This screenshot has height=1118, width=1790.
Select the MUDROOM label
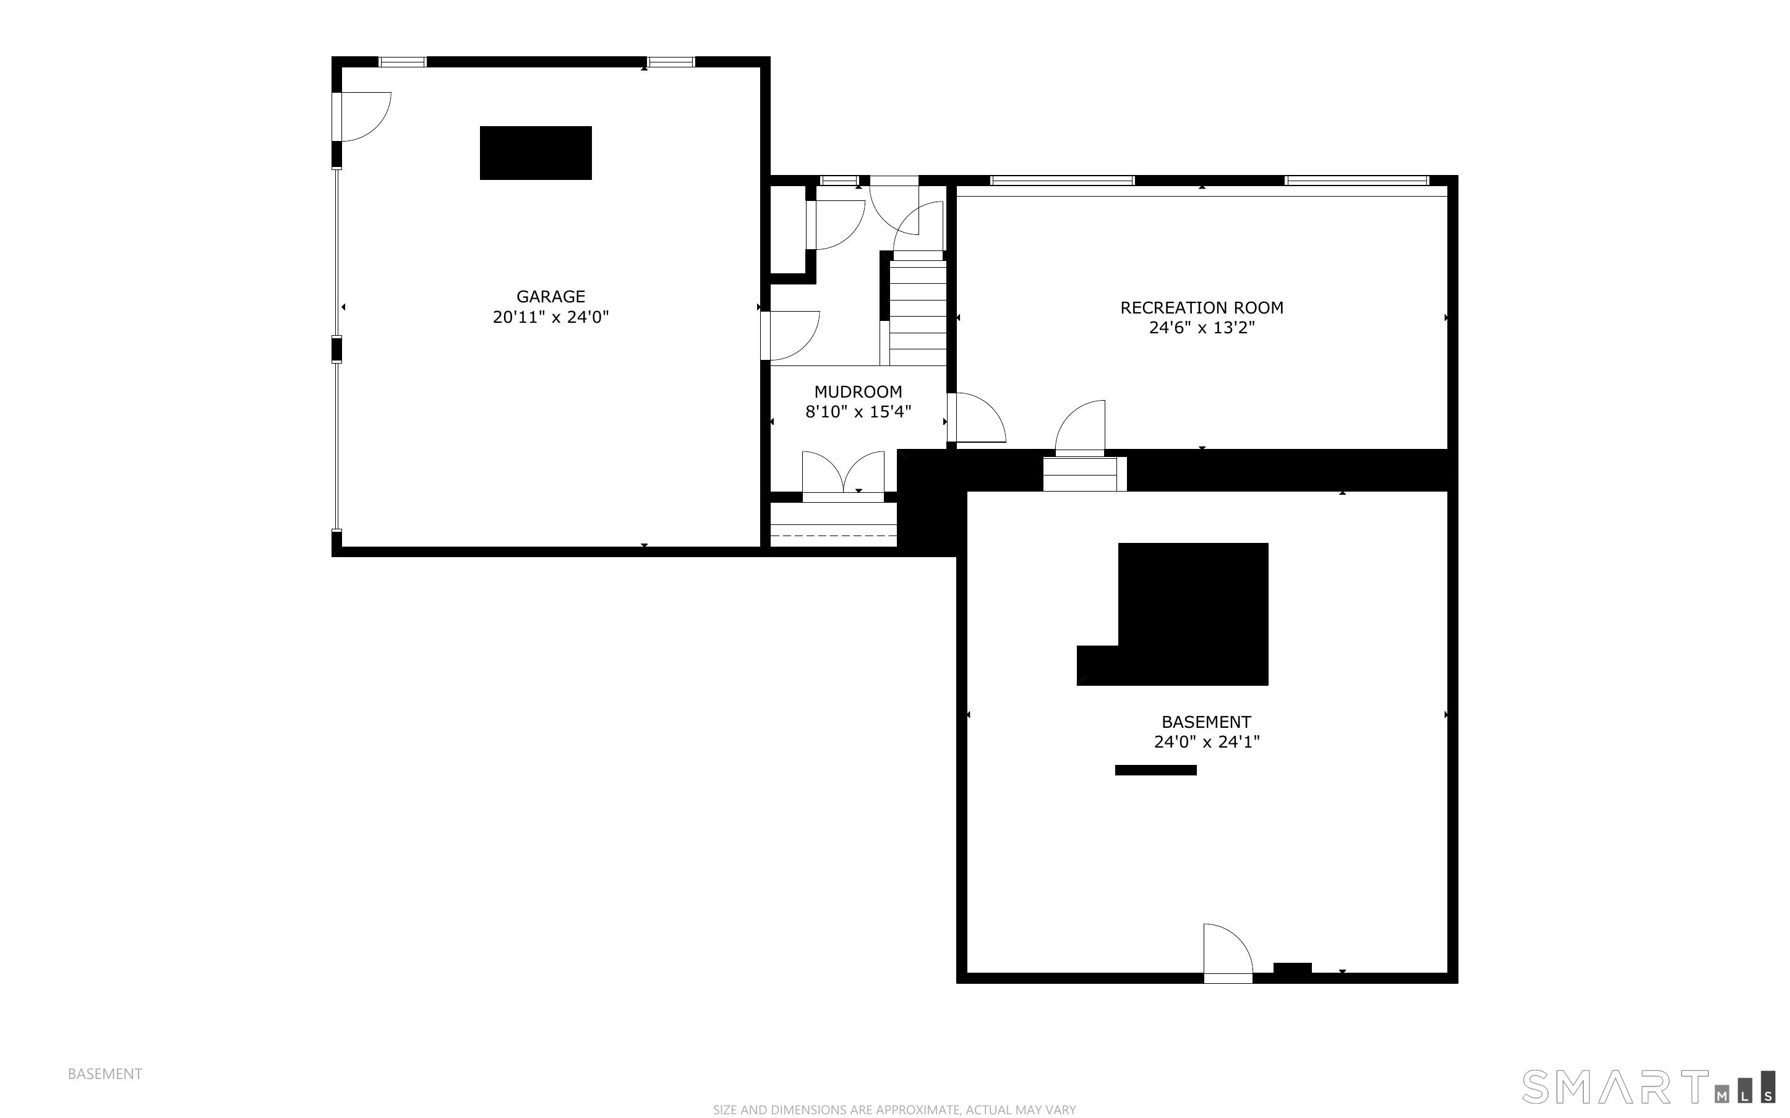click(858, 392)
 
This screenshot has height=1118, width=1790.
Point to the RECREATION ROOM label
click(1201, 307)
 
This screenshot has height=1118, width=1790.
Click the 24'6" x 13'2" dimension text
click(1201, 328)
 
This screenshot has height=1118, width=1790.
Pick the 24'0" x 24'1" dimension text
click(1207, 741)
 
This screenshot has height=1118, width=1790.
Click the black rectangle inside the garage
click(535, 153)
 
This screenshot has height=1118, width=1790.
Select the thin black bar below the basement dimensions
click(1155, 770)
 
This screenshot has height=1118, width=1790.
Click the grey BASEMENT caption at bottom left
click(105, 1073)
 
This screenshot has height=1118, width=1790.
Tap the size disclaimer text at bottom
click(894, 1109)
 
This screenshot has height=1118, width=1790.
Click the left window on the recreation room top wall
click(1062, 181)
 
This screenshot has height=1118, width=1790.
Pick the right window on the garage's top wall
click(670, 62)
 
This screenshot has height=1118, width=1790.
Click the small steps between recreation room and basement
click(1083, 474)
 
